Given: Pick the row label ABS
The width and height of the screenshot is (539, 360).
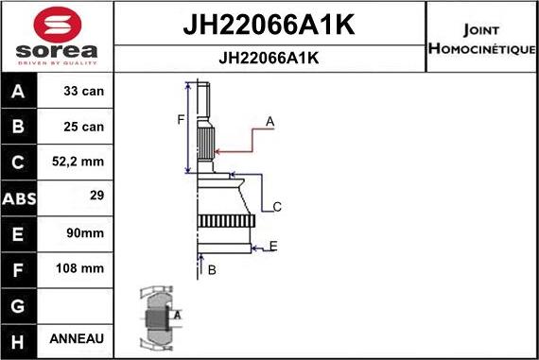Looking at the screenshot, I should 19,199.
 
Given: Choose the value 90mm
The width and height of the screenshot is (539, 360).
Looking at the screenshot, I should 86,233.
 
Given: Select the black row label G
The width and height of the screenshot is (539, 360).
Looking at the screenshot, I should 19,304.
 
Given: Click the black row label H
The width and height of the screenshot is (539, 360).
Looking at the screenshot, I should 19,339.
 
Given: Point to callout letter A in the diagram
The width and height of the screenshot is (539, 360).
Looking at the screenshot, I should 269,121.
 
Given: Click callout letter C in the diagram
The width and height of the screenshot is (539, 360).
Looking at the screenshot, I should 277,206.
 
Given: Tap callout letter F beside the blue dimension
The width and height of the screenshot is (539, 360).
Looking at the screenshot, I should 181,119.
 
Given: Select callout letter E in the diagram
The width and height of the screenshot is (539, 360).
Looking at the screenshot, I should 272,247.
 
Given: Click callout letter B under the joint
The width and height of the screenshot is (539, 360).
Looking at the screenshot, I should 212,270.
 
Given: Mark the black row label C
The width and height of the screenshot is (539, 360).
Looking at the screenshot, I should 19,163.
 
